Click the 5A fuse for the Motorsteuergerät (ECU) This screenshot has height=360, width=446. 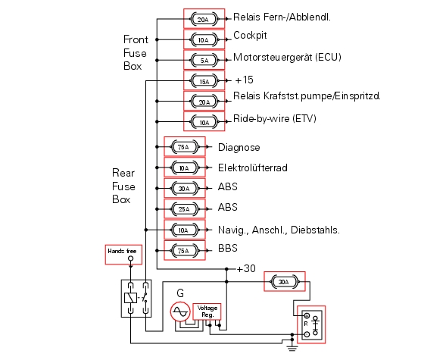point(204,60)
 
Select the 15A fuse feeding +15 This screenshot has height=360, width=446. point(204,81)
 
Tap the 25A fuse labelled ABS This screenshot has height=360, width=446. point(184,209)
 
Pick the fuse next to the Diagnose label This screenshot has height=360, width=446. point(184,147)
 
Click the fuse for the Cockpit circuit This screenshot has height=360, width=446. point(204,39)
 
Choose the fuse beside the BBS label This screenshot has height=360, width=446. point(184,250)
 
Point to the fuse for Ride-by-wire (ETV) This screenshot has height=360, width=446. point(204,122)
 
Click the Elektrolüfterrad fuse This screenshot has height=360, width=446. point(184,167)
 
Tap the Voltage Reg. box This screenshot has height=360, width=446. point(207,311)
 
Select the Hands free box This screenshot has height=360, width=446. point(123,255)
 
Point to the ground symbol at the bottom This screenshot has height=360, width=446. point(292,347)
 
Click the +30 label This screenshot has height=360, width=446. point(246,268)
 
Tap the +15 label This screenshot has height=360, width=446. point(245,80)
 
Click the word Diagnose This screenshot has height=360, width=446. point(239,148)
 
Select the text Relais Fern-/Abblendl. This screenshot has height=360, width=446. point(282,17)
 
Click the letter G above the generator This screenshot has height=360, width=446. point(180,293)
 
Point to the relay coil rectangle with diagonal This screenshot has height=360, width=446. point(130,298)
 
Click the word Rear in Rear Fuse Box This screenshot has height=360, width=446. point(123,173)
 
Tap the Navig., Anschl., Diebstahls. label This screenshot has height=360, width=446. point(279,230)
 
